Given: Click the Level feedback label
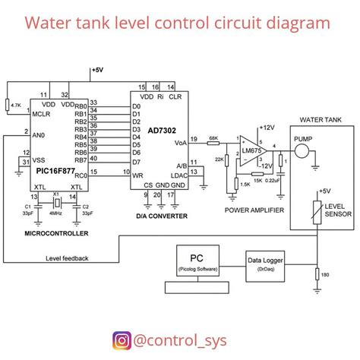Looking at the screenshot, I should [x=67, y=258].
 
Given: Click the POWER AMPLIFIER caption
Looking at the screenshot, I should [x=254, y=208].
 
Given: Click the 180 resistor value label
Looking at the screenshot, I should [x=325, y=275].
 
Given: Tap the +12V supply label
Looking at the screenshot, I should [x=267, y=127].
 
